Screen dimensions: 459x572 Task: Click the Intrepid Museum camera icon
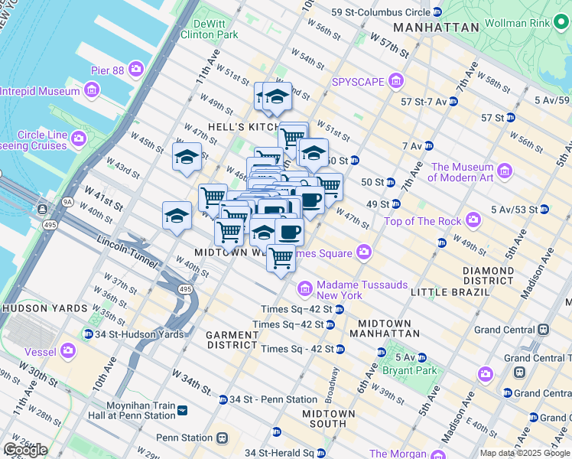point(91,91)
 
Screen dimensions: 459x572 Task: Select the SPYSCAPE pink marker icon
point(395,81)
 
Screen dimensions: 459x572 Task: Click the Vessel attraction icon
point(69,350)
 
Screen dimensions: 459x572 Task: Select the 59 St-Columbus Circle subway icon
point(437,12)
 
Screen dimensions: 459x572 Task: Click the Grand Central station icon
point(543,330)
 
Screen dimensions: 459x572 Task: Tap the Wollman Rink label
point(518,23)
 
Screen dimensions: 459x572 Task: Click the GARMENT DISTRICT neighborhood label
point(232,340)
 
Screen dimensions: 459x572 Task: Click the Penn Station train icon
point(222,438)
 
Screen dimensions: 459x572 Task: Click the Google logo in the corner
point(25,450)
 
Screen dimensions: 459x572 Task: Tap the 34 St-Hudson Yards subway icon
point(88,334)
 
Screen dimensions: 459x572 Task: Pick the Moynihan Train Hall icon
point(181,411)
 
